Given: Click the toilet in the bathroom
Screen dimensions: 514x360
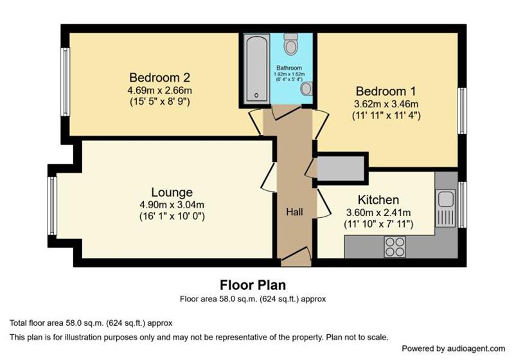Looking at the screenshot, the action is point(291,44).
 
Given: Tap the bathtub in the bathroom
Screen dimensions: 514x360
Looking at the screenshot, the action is point(256,68).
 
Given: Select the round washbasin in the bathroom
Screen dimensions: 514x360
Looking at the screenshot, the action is point(307,89).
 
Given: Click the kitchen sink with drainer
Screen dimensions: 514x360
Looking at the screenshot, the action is point(445,208).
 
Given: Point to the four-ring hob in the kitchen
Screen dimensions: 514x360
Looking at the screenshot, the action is point(394,247).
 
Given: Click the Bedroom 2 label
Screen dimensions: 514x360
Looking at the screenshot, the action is point(159,78).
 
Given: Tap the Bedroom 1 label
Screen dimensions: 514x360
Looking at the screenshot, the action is point(386,91).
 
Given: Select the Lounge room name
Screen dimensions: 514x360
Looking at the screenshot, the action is point(172,192).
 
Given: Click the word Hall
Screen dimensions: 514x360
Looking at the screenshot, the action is point(294,212).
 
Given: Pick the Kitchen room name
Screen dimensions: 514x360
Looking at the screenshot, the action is point(378,200).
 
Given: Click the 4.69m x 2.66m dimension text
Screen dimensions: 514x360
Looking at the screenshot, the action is point(159,90).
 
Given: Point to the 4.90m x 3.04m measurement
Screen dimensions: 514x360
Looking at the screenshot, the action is point(172,205).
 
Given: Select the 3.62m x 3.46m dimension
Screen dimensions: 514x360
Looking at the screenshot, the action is point(386,104).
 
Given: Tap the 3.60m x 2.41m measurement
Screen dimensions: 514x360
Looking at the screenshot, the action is point(378,212).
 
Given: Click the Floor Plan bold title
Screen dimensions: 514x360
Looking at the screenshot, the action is point(253,285).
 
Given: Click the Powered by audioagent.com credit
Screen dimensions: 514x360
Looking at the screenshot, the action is point(454,348).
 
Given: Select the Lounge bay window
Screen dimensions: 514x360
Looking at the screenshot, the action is point(52,206).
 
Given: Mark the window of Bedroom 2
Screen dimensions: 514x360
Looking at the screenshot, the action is point(66,82).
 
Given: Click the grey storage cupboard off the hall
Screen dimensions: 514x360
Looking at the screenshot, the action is point(341,168).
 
